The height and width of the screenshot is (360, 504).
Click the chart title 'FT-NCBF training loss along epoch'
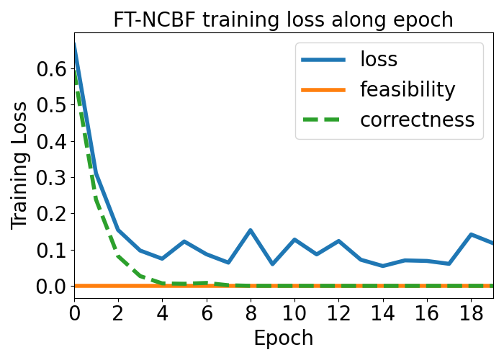coord(283,19)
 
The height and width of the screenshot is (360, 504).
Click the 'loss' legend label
coord(379,59)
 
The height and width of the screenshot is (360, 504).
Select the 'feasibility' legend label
coord(408,89)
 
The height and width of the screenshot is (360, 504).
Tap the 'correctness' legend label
coord(417,120)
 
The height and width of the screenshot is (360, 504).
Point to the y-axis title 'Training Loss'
coord(19,166)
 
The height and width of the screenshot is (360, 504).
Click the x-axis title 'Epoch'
coord(284,338)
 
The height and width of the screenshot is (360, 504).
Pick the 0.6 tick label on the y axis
coord(51,69)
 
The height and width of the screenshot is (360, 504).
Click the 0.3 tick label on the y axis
coord(51,177)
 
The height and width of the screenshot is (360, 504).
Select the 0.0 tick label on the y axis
coord(51,286)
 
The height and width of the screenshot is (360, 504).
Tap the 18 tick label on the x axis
coord(471,313)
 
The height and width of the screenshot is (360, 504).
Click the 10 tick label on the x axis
coord(294,313)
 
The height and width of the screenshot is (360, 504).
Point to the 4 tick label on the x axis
coord(162,313)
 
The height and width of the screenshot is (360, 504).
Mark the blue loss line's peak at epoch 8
coord(251,230)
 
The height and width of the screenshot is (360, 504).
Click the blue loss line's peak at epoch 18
coord(471,234)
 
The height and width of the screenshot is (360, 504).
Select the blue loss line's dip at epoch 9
coord(273,264)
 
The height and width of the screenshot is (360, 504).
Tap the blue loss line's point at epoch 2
coord(118,230)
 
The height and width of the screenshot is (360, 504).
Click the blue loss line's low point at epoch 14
coord(383,266)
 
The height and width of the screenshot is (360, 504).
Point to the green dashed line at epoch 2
coord(118,256)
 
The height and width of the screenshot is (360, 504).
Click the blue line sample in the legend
coord(323,60)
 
